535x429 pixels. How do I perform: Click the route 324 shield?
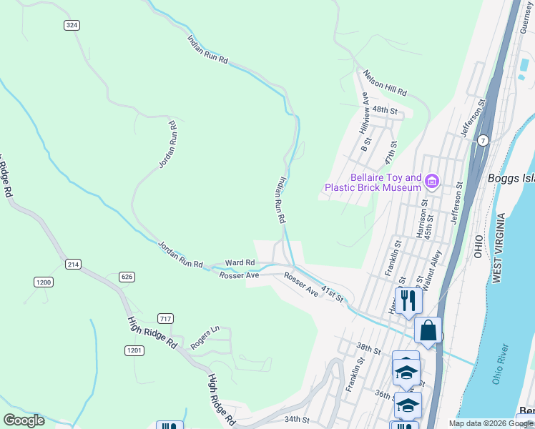(72, 25)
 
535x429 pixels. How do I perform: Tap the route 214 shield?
(73, 265)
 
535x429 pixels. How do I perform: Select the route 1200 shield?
(44, 282)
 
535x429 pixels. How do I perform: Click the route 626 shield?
(127, 277)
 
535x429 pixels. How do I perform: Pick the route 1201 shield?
(134, 350)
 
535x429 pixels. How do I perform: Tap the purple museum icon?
(431, 182)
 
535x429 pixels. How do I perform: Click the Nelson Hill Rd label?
(385, 84)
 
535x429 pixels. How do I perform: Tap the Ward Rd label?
(240, 263)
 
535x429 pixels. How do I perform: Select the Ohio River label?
(501, 364)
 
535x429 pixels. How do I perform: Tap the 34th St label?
(295, 420)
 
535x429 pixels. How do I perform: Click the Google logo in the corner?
(24, 420)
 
